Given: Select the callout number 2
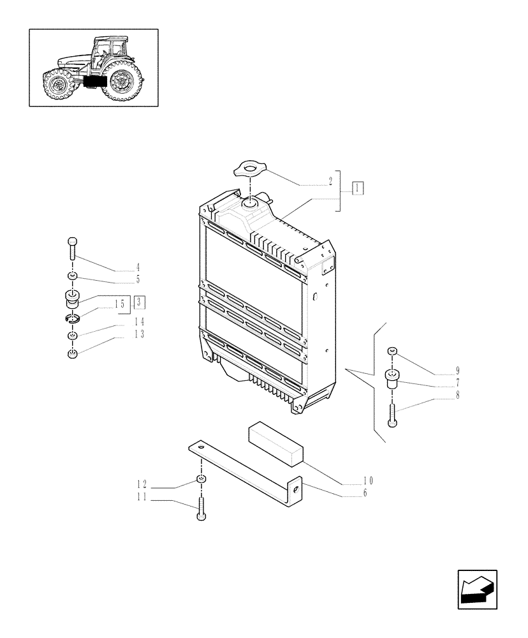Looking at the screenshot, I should [x=330, y=181].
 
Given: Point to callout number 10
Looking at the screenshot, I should [x=368, y=480].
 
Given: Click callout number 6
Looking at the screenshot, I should [x=364, y=493].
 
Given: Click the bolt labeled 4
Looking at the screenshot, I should [x=72, y=247].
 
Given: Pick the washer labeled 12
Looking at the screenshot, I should [x=201, y=479].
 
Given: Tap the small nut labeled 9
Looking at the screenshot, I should [x=392, y=352].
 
